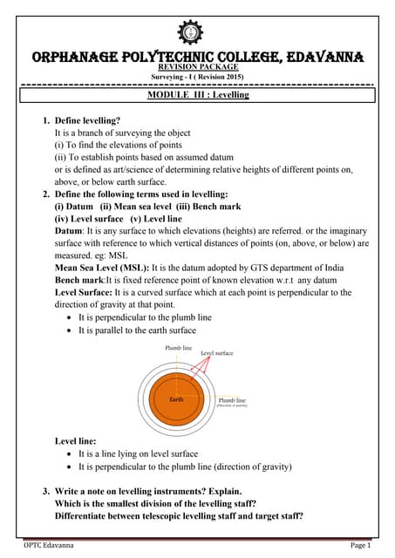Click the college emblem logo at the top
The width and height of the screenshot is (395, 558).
(x=189, y=32)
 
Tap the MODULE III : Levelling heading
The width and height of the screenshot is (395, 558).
(x=198, y=93)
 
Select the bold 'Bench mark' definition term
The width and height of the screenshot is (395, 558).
(x=79, y=279)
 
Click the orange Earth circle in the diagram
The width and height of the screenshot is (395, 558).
(x=177, y=398)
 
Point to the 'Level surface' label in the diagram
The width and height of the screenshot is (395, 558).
(x=219, y=353)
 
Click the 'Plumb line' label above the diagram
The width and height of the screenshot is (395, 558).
(x=178, y=347)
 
